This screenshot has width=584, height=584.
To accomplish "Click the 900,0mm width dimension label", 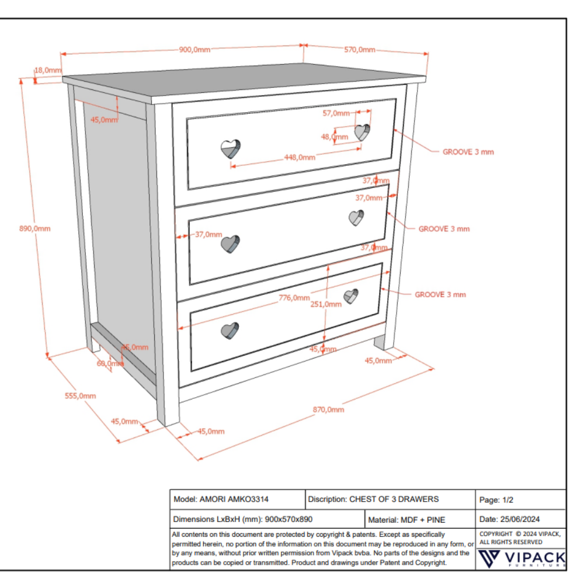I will point(194,50).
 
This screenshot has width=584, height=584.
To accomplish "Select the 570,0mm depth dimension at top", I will point(359,50).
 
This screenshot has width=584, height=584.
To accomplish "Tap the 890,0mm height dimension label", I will point(35,228).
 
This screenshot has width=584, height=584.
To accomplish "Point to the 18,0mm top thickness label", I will point(48,71).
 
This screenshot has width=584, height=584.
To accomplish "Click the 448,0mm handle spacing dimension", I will point(300,157).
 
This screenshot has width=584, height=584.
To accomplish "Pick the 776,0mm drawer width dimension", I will point(294,298).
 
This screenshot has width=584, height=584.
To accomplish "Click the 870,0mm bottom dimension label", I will point(329,409).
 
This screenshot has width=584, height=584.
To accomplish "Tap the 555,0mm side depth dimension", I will point(80,396).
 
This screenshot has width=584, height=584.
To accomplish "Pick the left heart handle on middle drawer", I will point(231,244).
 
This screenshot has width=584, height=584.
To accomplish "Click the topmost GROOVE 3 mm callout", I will point(468,152).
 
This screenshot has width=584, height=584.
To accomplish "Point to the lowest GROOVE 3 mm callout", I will point(440,295).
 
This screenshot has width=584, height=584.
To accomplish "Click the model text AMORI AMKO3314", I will point(234,499).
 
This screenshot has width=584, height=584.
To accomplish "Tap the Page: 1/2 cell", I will point(496,500).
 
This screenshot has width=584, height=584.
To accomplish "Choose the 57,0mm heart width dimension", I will point(336,114).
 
